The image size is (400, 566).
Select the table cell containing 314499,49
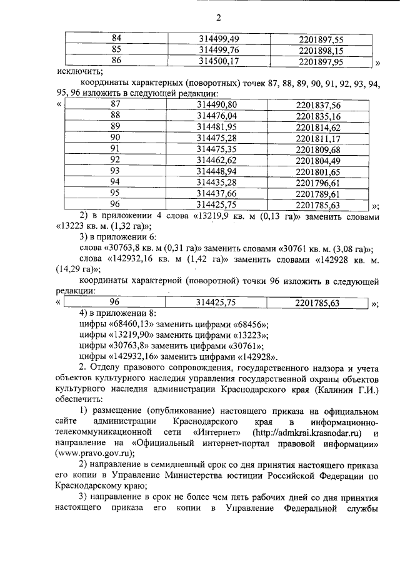219,39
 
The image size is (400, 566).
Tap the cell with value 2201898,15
321,50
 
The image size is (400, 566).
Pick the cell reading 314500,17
219,61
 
